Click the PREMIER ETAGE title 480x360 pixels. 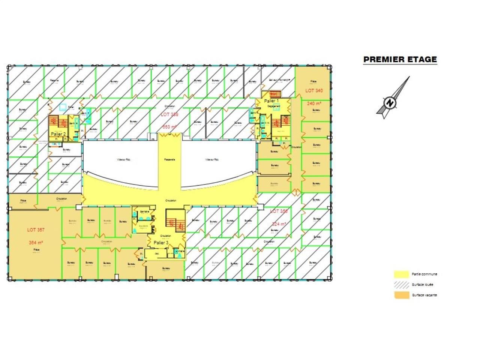point(400,59)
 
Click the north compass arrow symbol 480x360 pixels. point(392,99)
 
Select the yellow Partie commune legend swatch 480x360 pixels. point(401,274)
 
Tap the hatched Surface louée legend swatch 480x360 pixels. point(401,285)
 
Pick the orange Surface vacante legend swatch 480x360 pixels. point(401,295)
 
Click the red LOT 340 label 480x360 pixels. point(314,91)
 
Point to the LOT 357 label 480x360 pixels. point(36,230)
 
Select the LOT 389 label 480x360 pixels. point(169,114)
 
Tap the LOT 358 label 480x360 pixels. point(279,211)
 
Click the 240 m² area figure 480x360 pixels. point(314,103)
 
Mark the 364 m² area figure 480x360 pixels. point(36,243)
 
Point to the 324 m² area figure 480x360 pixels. point(279,224)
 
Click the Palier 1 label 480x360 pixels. point(271,101)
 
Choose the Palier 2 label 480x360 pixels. point(58,134)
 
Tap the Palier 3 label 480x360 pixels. point(161,243)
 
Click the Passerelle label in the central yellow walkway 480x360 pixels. point(169,159)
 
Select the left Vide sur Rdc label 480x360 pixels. point(123,159)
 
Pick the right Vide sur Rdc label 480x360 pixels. point(212,159)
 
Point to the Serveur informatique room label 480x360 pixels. point(280,80)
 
